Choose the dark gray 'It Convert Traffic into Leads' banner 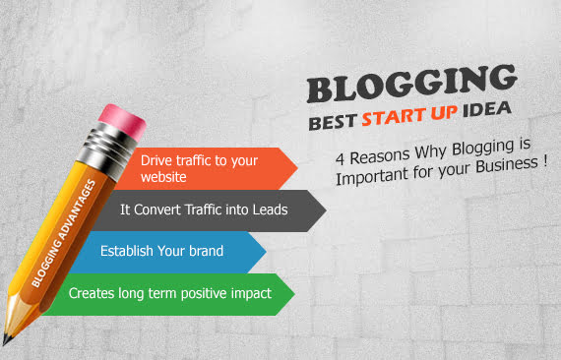[x=221, y=210]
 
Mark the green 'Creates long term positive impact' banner [x=177, y=293]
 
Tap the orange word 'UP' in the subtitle [x=442, y=118]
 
